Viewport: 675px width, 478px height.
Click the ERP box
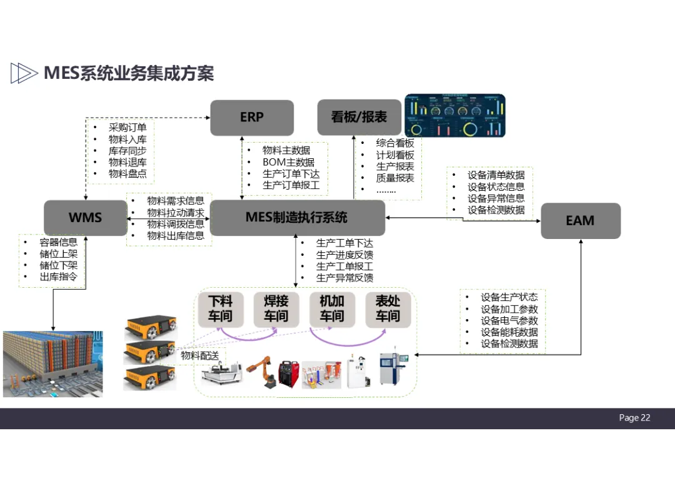pyautogui.click(x=252, y=117)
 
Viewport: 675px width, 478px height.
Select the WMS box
pyautogui.click(x=86, y=218)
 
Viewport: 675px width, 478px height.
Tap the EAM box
pyautogui.click(x=580, y=220)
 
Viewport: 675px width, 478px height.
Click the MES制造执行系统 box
pyautogui.click(x=297, y=218)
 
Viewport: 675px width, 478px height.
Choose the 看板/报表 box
pyautogui.click(x=359, y=117)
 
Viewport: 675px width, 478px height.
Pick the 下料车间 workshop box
pyautogui.click(x=220, y=308)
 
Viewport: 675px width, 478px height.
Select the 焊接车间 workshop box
pyautogui.click(x=276, y=308)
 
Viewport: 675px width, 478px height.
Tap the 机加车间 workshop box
pyautogui.click(x=332, y=308)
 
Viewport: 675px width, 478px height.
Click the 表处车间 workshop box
pyautogui.click(x=387, y=308)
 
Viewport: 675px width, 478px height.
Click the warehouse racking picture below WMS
pyautogui.click(x=52, y=364)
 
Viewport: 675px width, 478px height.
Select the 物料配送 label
pyautogui.click(x=199, y=356)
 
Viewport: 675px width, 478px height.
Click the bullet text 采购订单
pyautogui.click(x=127, y=128)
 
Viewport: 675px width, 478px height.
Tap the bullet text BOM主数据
pyautogui.click(x=288, y=162)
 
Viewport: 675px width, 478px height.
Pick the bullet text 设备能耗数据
pyautogui.click(x=509, y=332)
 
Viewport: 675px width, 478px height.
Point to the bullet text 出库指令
pyautogui.click(x=58, y=276)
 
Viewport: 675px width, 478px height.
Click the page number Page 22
pyautogui.click(x=634, y=418)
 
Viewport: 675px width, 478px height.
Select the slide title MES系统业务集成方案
pyautogui.click(x=128, y=73)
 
